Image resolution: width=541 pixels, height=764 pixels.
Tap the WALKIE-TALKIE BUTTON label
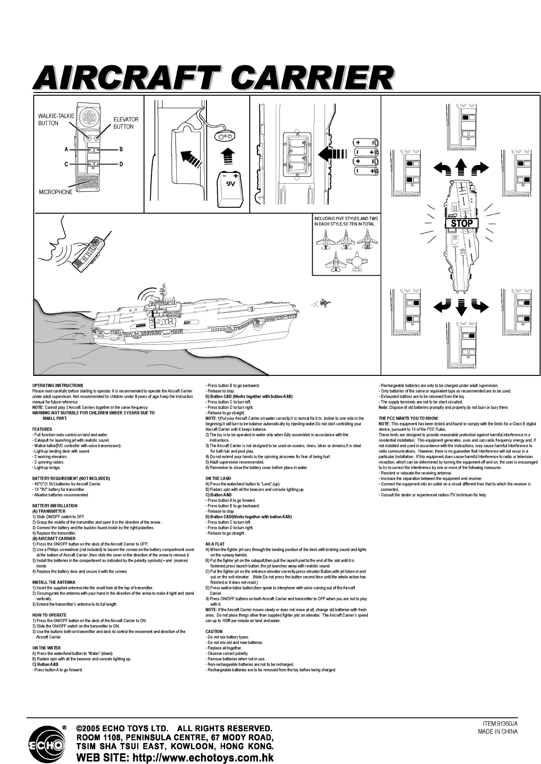point(56,119)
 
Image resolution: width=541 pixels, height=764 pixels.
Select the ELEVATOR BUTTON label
point(126,123)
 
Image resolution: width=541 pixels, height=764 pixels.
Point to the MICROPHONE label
point(56,192)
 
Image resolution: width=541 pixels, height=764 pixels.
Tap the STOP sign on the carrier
point(461,223)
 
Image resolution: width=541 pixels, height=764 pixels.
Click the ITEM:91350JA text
point(500,723)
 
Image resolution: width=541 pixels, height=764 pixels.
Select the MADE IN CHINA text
point(498,732)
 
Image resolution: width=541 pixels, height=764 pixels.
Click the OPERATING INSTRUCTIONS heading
point(57,385)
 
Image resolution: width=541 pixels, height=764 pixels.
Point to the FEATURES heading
point(42,429)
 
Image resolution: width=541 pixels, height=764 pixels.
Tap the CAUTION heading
point(214,631)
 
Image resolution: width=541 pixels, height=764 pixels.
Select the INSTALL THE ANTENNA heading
point(53,582)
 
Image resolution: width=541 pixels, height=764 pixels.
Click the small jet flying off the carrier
point(325,302)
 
